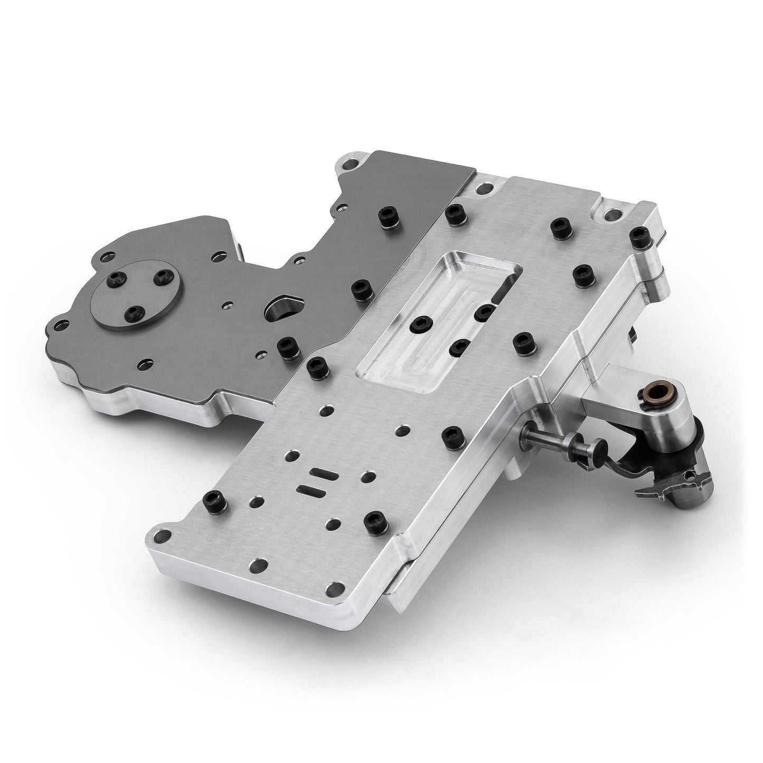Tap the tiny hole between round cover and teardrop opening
click(x=227, y=304)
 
